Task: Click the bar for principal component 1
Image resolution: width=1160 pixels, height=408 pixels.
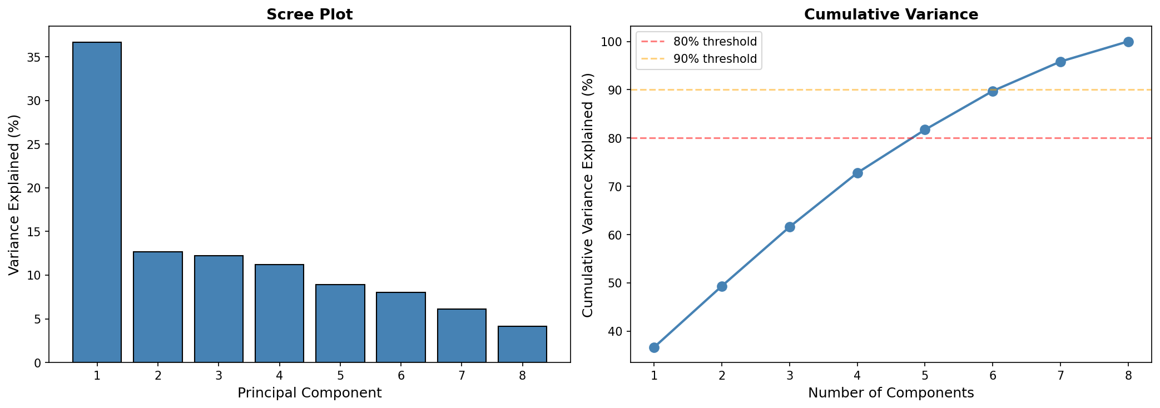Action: pos(97,202)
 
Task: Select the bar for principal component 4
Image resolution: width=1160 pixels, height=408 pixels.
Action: pos(279,314)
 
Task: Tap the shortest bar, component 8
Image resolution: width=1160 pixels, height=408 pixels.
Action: pos(522,345)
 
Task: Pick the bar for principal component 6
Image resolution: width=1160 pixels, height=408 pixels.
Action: pos(401,327)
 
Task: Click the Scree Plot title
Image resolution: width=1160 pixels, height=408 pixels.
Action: pos(309,14)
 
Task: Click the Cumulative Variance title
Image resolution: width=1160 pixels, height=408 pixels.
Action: pos(891,14)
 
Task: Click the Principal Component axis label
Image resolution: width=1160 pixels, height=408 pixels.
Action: pos(309,393)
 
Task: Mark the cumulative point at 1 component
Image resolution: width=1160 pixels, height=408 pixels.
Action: pos(654,347)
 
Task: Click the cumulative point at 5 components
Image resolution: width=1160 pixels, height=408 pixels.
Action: pos(925,130)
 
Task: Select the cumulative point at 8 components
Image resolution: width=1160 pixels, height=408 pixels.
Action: pos(1128,42)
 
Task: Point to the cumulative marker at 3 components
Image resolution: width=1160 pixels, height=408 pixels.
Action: pos(790,227)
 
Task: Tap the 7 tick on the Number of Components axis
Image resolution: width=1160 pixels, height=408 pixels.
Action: pos(1060,375)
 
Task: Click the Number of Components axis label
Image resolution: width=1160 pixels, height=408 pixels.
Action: pos(891,393)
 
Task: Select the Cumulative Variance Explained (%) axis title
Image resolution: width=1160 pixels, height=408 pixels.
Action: pos(588,195)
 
